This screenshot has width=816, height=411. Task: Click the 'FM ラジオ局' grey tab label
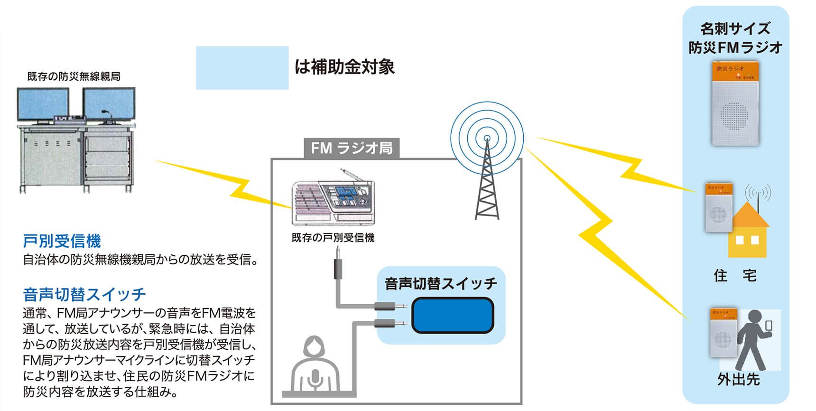[x=352, y=149]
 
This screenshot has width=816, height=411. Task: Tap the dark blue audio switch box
[x=453, y=315]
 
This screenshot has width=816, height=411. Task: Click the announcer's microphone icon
[x=314, y=379]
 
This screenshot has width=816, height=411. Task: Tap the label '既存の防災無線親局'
[x=74, y=76]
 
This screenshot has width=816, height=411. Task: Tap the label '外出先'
[x=738, y=380]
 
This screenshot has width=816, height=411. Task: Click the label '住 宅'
[x=735, y=275]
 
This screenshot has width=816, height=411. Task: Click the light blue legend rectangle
[x=242, y=67]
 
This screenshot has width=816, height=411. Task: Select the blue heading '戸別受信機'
[x=62, y=241]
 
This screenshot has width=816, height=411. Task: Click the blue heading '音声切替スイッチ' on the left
[x=84, y=295]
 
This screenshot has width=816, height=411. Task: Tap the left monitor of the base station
[x=43, y=105]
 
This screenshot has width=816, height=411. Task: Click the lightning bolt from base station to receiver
[x=223, y=183]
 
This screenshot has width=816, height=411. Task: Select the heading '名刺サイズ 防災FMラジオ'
[x=735, y=38]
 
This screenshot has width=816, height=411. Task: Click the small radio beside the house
[x=718, y=207]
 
